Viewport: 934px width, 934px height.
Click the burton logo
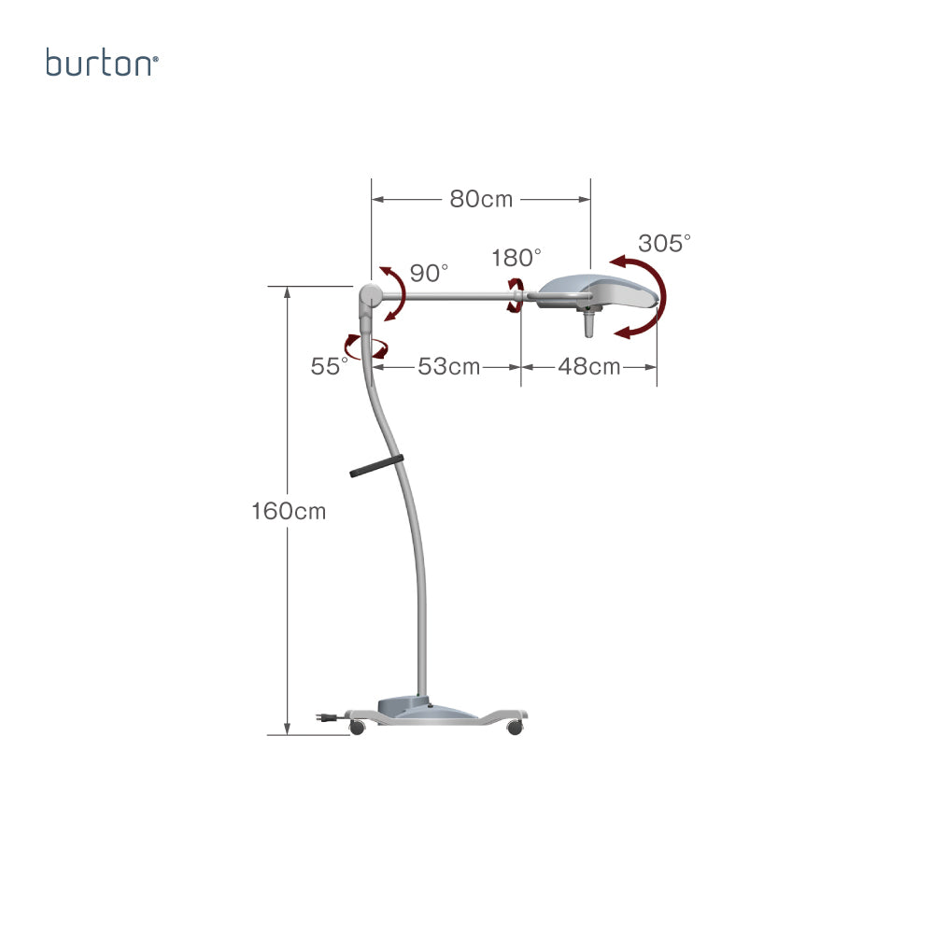pyautogui.click(x=102, y=63)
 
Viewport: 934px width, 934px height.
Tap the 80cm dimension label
pyautogui.click(x=481, y=199)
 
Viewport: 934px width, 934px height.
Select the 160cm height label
pyautogui.click(x=289, y=511)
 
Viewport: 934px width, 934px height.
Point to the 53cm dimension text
pyautogui.click(x=448, y=366)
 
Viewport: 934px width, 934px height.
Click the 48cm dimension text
pyautogui.click(x=589, y=366)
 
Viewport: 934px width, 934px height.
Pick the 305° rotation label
pyautogui.click(x=664, y=243)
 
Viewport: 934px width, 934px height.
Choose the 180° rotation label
pyautogui.click(x=516, y=258)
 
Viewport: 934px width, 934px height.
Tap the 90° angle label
pyautogui.click(x=429, y=273)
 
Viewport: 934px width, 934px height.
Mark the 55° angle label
pyautogui.click(x=329, y=366)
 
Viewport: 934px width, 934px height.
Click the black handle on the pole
pyautogui.click(x=376, y=466)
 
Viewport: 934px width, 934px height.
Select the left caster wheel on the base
pyautogui.click(x=357, y=728)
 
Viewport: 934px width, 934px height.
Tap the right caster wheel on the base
pyautogui.click(x=515, y=728)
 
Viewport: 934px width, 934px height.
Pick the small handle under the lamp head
pyautogui.click(x=589, y=323)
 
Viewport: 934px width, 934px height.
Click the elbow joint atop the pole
pyautogui.click(x=370, y=295)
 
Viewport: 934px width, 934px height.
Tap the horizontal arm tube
pyautogui.click(x=446, y=295)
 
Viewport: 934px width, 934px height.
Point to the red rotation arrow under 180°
pyautogui.click(x=516, y=295)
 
